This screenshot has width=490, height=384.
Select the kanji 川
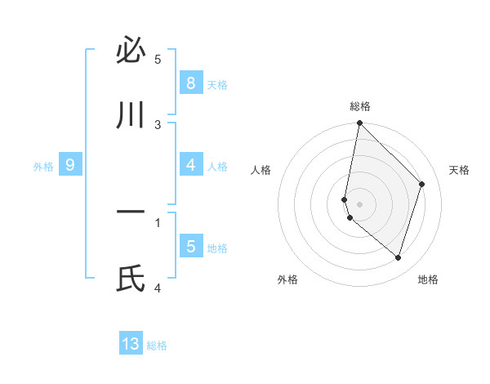(x=131, y=117)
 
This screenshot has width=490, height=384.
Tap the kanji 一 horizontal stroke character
(x=131, y=213)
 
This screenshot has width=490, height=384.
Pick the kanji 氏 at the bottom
(x=131, y=279)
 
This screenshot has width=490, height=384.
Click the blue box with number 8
(x=190, y=83)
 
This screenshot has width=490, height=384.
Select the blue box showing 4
(x=190, y=165)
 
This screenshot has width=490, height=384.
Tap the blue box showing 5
(x=190, y=247)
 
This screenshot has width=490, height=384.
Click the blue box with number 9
(x=70, y=165)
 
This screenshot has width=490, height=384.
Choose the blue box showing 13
(x=131, y=344)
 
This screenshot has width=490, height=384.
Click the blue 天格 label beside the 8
(x=217, y=85)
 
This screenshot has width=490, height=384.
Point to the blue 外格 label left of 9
(x=43, y=167)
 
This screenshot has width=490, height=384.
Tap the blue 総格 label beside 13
(x=158, y=346)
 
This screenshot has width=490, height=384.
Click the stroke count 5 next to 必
(x=158, y=59)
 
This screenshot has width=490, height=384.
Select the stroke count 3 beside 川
(x=158, y=124)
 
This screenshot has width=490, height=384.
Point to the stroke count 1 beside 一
(x=158, y=221)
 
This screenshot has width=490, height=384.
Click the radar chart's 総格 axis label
(x=360, y=106)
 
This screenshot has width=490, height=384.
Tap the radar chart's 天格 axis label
(x=460, y=170)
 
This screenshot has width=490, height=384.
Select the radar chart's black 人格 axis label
(x=261, y=170)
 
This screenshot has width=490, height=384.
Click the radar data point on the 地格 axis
(x=398, y=257)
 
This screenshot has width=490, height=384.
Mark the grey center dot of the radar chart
(x=360, y=203)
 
